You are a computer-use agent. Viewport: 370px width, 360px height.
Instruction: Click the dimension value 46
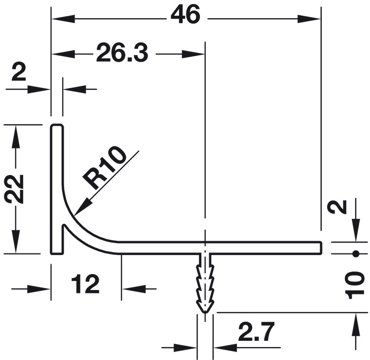click(x=185, y=15)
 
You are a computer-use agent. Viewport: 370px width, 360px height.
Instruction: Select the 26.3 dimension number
click(x=122, y=53)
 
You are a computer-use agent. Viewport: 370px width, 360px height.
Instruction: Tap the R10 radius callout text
click(x=105, y=168)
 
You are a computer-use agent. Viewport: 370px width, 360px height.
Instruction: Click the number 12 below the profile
click(x=85, y=284)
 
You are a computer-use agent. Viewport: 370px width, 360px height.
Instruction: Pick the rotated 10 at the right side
click(x=354, y=285)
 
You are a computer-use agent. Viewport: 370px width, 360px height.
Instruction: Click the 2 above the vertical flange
click(x=19, y=72)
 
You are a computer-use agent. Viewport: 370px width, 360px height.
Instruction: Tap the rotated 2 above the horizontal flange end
click(x=338, y=207)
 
